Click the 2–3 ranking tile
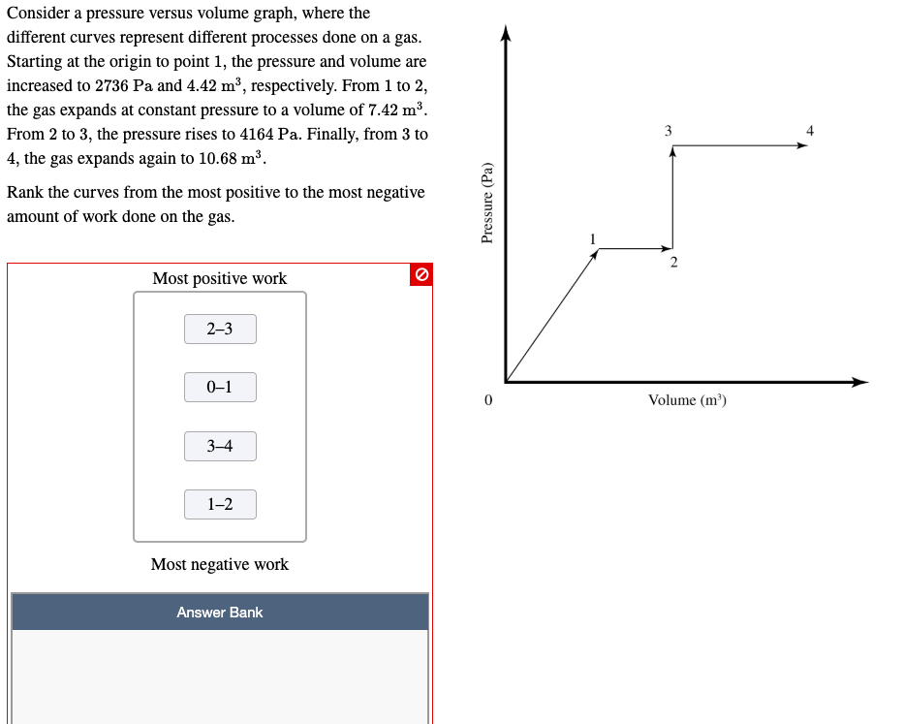pos(220,330)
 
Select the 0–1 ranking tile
pos(220,388)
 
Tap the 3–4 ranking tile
pos(220,446)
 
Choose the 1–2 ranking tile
pos(220,504)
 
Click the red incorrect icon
pos(420,275)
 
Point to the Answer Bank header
pos(220,613)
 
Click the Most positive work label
pos(220,279)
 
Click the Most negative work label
pos(220,564)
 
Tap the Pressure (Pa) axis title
pos(487,202)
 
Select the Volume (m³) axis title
pos(687,400)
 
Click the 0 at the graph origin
pos(488,399)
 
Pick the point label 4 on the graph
pos(810,130)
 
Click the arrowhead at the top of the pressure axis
pos(505,35)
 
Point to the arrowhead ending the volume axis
pos(859,382)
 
